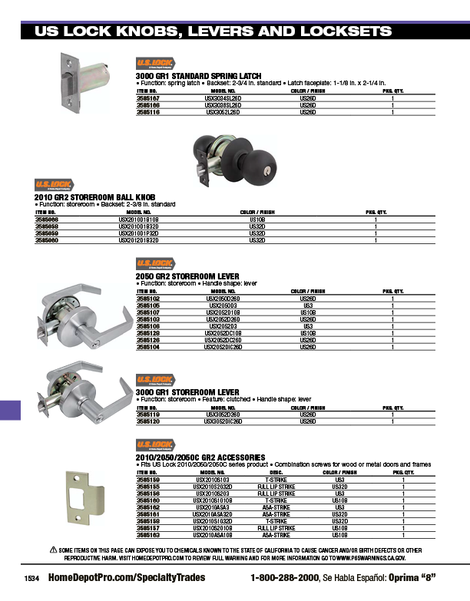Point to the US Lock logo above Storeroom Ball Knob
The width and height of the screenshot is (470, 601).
(55, 185)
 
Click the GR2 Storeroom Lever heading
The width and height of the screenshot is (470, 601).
(187, 276)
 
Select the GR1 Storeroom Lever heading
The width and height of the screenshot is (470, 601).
(187, 391)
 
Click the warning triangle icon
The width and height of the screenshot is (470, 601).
(54, 550)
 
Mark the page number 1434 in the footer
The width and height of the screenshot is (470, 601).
(31, 577)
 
